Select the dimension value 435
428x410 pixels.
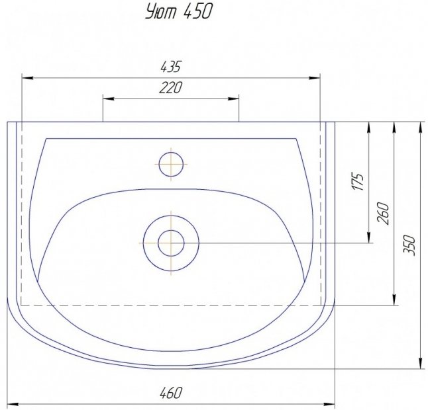(170, 67)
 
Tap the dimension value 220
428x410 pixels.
(170, 88)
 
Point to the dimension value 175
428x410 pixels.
(358, 181)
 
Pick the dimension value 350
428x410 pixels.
(409, 245)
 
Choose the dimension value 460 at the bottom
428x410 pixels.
(170, 393)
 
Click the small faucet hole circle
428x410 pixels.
(171, 164)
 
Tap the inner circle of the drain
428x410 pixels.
(171, 243)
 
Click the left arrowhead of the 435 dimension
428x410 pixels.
(27, 78)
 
